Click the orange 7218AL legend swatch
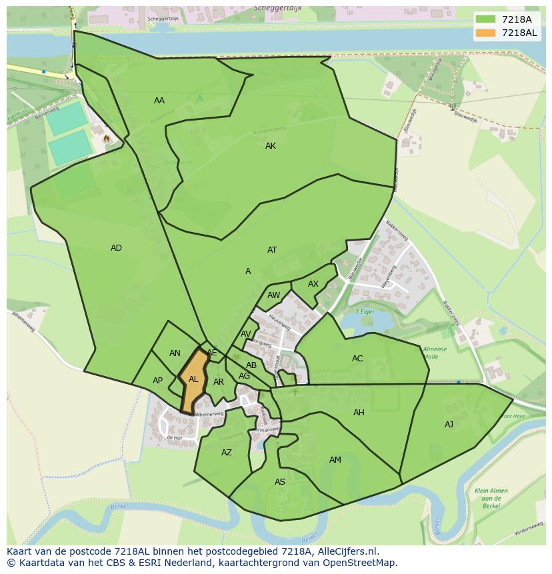487,33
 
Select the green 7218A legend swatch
487,19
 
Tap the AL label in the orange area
193,379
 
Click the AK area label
270,146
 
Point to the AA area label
159,101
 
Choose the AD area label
116,248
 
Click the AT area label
272,250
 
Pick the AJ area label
449,425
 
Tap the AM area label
335,460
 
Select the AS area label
280,482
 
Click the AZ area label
227,453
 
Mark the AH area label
359,413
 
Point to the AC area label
357,359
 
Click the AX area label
313,284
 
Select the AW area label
273,295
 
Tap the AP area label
157,381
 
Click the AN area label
175,353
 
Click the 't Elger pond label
364,311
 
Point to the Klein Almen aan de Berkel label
491,499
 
